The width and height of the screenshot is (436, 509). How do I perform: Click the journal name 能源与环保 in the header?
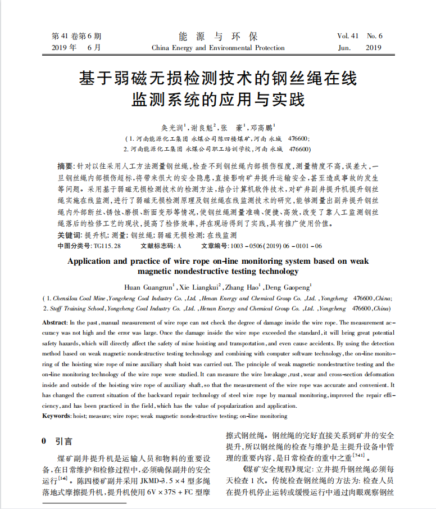[x=218, y=37]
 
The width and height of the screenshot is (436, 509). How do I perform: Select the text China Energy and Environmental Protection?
[x=218, y=48]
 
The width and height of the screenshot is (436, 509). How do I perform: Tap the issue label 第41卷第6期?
[x=76, y=37]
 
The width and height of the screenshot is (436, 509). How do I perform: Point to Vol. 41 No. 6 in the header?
[x=360, y=37]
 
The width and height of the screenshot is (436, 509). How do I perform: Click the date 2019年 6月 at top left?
[x=76, y=48]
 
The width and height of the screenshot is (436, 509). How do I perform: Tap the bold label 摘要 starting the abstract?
[x=66, y=167]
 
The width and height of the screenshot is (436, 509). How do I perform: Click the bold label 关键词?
[x=69, y=235]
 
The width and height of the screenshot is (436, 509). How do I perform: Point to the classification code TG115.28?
[x=107, y=246]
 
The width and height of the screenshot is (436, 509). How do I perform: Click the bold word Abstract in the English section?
[x=54, y=323]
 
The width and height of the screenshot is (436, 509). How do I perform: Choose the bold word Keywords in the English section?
[x=57, y=416]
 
